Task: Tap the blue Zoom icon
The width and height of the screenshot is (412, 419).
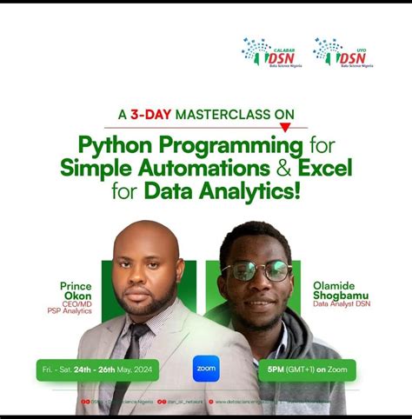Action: [x=206, y=368]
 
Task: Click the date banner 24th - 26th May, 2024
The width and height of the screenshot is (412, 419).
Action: [x=97, y=368]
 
